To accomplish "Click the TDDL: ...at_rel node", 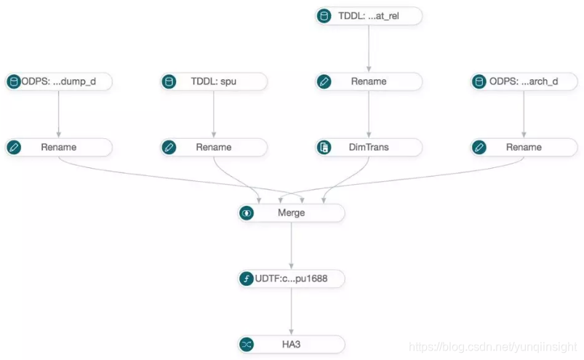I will (x=369, y=16).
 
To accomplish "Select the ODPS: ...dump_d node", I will (x=58, y=81).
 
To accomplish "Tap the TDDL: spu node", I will (x=213, y=81).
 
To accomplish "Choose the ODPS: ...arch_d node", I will (x=524, y=81).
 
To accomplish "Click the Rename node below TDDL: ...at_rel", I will (x=369, y=81).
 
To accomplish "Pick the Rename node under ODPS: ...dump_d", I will (x=58, y=147).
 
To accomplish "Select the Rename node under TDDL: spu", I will (x=213, y=147).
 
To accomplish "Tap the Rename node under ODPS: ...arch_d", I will (x=524, y=147).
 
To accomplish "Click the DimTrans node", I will (x=369, y=147).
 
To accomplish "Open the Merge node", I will (x=291, y=213).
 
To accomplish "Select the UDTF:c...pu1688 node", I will (x=291, y=279).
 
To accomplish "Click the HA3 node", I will (x=291, y=344).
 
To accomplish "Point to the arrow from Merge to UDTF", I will (x=292, y=246).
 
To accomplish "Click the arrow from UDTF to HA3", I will (x=292, y=311).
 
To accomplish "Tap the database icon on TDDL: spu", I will (x=169, y=81).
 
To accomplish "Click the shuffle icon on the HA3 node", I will (x=247, y=344).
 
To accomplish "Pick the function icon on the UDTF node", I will (x=247, y=279).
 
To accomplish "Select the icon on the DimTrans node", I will (x=324, y=147).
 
